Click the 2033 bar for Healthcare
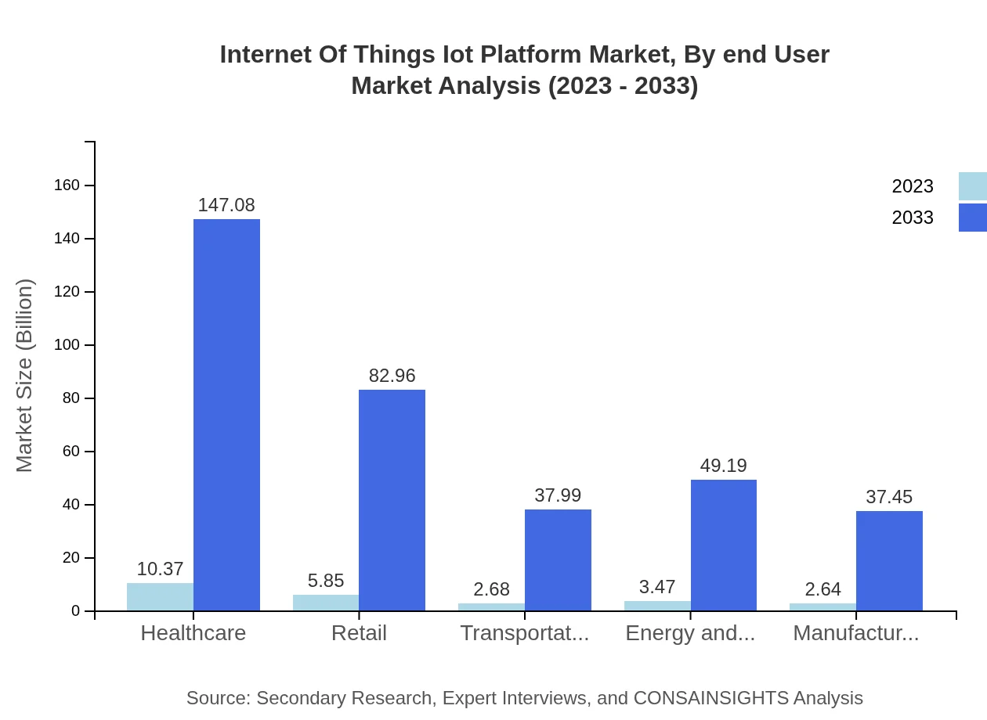coord(226,415)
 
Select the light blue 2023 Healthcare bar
coord(160,596)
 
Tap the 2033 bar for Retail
coord(392,500)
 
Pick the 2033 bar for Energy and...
coord(723,545)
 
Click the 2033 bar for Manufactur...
coord(889,560)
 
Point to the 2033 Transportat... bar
coord(558,560)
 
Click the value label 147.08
coord(226,205)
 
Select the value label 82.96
coord(392,376)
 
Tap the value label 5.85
coord(326,581)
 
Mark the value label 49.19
coord(723,466)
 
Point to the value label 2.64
coord(822,589)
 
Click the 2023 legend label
coord(912,186)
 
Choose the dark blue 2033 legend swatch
coord(972,218)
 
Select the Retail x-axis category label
coord(359,633)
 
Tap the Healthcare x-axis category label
coord(193,633)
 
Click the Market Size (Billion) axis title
coord(25,376)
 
